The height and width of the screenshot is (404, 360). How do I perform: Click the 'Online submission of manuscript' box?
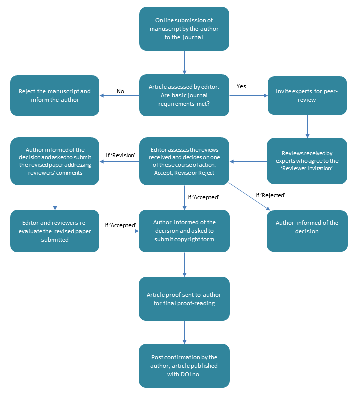(184, 29)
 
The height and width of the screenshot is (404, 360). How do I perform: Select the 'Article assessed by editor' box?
(184, 95)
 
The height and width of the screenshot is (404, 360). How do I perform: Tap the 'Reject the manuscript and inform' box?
(55, 95)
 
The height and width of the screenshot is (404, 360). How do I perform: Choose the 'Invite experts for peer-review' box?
(307, 96)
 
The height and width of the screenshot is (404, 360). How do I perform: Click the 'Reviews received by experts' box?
(307, 161)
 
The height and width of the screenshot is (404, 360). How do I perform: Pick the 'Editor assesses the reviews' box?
(184, 161)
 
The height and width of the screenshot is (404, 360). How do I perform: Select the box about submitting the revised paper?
(55, 161)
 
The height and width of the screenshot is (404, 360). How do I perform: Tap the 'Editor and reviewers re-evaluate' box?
(55, 231)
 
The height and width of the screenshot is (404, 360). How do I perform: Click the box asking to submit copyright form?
(184, 231)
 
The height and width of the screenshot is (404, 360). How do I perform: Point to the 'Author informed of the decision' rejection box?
(307, 231)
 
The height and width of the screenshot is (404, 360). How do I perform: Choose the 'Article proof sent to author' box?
(184, 299)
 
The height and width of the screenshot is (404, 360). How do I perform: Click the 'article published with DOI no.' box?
(184, 366)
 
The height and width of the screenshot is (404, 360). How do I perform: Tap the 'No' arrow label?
(120, 91)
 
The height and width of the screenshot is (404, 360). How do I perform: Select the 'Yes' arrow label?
(241, 86)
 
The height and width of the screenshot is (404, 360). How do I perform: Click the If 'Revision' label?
(120, 155)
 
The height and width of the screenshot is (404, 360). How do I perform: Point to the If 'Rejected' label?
(270, 195)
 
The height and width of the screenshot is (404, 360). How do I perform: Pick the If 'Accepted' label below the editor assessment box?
(203, 197)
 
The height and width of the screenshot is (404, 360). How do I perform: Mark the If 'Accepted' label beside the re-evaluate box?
(120, 225)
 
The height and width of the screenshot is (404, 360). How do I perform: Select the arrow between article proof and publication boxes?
(184, 332)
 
